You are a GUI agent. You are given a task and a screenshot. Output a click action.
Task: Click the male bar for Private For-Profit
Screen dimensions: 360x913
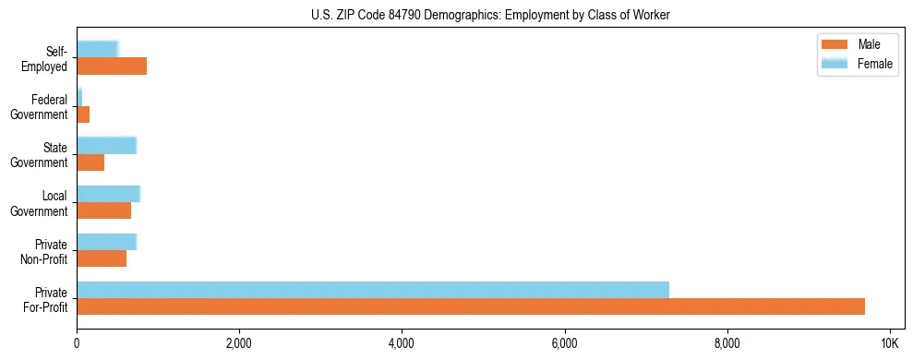471,306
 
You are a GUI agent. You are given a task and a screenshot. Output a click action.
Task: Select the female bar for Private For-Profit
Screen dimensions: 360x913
373,290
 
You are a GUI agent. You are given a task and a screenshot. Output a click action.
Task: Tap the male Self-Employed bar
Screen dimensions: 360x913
112,66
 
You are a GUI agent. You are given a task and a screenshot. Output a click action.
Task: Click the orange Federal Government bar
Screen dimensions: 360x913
83,114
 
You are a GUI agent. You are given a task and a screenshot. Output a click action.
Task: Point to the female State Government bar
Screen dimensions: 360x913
106,146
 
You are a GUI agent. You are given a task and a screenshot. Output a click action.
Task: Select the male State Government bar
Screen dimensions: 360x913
90,162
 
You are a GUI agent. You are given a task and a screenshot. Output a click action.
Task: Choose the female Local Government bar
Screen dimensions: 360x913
108,194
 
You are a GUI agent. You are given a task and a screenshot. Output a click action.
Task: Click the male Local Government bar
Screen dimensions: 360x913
103,210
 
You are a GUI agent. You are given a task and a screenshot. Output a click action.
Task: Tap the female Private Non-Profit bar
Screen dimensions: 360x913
106,242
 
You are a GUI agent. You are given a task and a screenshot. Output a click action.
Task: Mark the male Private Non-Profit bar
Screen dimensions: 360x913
102,258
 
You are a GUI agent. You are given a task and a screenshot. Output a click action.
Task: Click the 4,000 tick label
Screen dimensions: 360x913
402,344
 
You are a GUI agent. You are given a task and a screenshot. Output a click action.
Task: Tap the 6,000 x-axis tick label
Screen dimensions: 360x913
564,344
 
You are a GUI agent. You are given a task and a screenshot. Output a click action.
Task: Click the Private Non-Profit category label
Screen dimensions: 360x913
46,251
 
